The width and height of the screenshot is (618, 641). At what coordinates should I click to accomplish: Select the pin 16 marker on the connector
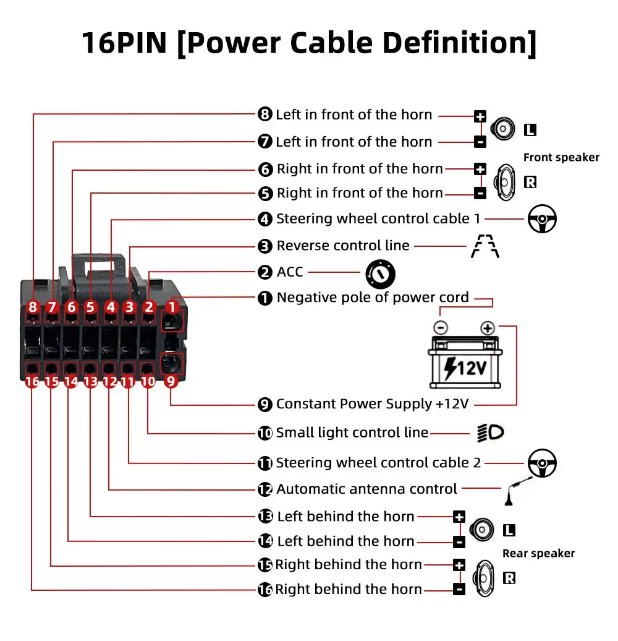coord(32,382)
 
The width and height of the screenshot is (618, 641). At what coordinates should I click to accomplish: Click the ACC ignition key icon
coord(379,272)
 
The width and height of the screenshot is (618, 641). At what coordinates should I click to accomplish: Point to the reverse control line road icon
coord(485,246)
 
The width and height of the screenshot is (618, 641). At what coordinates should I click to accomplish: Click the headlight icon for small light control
coord(491,432)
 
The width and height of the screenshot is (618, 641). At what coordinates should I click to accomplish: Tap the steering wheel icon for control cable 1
coord(542,219)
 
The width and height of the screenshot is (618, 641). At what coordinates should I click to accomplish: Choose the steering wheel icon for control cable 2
coord(542,463)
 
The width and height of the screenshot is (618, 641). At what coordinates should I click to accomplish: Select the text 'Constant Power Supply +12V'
coord(372,405)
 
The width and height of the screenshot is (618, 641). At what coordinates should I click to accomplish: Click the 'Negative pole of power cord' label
coord(373,298)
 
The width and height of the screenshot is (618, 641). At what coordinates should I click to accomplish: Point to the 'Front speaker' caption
coord(561,158)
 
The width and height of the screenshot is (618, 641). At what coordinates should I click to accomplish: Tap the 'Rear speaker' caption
coord(538,554)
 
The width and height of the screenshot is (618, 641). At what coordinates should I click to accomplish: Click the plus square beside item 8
coord(480,116)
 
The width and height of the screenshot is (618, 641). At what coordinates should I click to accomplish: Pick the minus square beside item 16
coord(459,590)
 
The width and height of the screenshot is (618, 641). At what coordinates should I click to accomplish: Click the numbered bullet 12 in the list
coord(265,489)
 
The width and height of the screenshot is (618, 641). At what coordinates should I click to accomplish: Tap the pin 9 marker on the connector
coord(171,382)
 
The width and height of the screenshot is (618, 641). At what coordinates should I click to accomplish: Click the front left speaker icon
coord(502,129)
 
